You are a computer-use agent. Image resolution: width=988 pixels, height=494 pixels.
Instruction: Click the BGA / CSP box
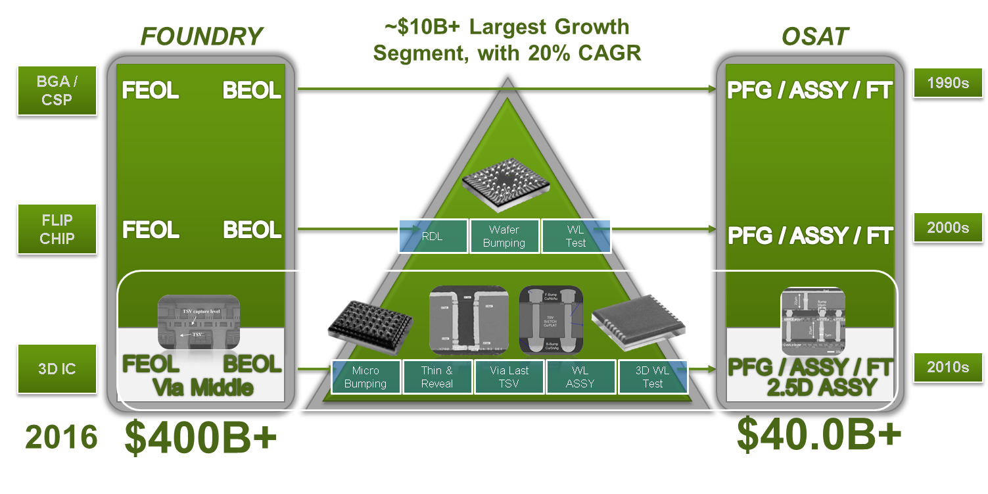click(x=57, y=91)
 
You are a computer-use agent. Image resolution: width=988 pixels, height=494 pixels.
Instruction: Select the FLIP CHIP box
click(x=57, y=229)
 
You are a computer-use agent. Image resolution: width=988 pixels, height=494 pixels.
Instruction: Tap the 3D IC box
click(x=57, y=368)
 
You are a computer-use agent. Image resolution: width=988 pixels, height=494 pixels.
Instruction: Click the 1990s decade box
click(x=948, y=83)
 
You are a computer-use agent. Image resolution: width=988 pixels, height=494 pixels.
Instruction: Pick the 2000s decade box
click(x=948, y=228)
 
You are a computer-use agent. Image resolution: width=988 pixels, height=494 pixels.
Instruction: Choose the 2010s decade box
click(x=948, y=367)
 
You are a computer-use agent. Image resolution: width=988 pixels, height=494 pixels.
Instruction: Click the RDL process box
click(x=433, y=236)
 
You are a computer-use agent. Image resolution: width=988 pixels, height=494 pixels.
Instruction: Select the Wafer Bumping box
click(x=504, y=236)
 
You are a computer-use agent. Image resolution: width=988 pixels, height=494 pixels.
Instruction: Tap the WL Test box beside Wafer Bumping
click(x=576, y=236)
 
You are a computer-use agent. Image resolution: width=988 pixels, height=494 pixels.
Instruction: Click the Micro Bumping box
click(x=365, y=377)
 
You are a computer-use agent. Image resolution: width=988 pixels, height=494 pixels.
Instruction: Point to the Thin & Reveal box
click(x=437, y=377)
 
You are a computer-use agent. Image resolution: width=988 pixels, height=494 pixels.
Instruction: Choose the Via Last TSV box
click(x=509, y=377)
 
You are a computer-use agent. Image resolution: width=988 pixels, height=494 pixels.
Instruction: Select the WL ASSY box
click(x=580, y=377)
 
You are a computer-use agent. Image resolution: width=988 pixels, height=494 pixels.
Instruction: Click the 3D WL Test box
click(x=653, y=377)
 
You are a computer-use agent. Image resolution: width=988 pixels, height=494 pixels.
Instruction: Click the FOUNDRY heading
click(x=202, y=37)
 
